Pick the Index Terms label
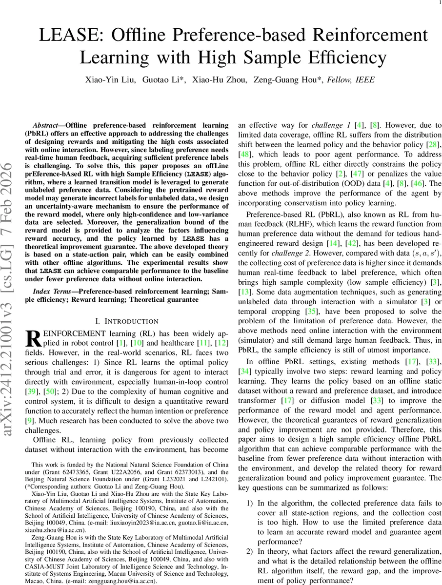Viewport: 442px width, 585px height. [x=51, y=291]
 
